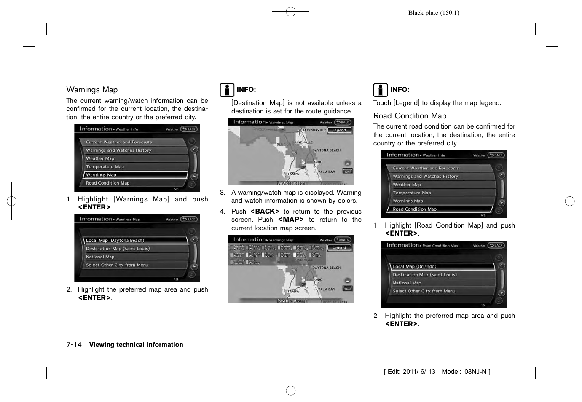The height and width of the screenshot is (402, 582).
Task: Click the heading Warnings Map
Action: click(x=92, y=90)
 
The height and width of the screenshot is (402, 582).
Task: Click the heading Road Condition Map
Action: click(x=410, y=116)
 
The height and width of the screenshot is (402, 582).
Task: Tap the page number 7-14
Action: click(x=74, y=345)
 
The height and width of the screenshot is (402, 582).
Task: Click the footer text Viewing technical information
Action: click(x=136, y=345)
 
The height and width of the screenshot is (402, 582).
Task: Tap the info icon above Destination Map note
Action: click(x=227, y=90)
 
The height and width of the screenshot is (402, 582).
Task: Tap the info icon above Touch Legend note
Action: click(x=380, y=90)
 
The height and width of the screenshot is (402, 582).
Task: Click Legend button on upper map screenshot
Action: click(x=339, y=130)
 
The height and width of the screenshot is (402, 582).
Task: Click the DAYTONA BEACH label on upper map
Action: click(x=326, y=150)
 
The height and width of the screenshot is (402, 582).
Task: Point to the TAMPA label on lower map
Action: click(x=293, y=292)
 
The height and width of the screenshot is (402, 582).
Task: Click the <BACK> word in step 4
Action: click(x=265, y=212)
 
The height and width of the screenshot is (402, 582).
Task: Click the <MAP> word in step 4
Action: click(x=291, y=220)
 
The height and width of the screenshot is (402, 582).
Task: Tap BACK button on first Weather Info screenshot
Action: click(x=189, y=129)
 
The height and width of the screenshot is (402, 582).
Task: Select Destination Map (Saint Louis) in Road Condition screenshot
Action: click(x=424, y=275)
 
